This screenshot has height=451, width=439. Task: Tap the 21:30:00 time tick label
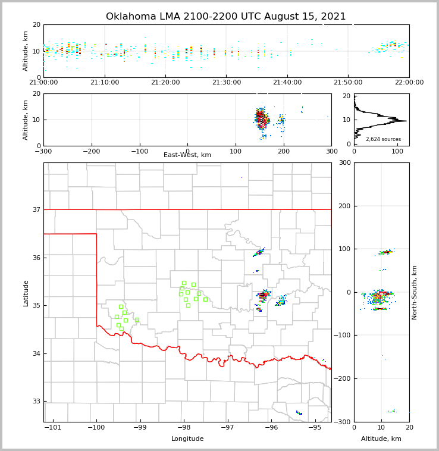(227, 83)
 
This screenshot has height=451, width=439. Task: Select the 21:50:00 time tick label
(348, 83)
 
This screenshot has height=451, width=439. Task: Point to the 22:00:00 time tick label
(409, 83)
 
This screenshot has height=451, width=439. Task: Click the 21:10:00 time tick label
(105, 83)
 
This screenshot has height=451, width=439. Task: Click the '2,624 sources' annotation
(383, 139)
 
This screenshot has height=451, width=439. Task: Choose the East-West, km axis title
(187, 155)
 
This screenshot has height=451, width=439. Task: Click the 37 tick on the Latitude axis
(36, 209)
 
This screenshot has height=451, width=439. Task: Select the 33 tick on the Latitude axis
(36, 402)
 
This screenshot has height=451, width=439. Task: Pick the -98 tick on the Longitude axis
(184, 427)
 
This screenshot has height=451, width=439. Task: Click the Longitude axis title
(187, 439)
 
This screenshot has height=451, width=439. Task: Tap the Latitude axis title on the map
(26, 293)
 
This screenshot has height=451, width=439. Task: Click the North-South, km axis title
(415, 292)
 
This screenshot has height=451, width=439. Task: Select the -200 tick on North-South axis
(343, 379)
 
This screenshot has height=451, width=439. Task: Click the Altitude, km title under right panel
(381, 439)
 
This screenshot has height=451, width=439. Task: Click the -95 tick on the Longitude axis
(315, 427)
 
